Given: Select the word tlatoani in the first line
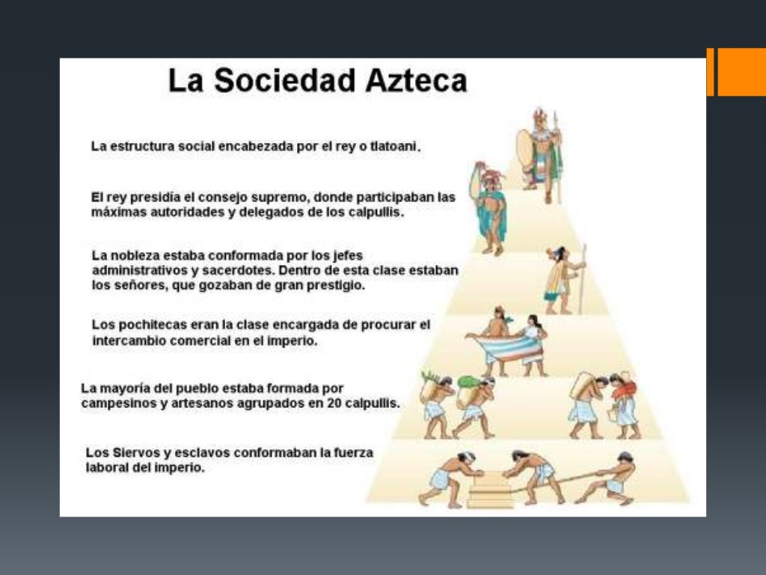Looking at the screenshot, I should (395, 147).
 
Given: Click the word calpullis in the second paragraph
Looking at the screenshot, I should (377, 212).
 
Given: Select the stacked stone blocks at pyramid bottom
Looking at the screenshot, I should (490, 491).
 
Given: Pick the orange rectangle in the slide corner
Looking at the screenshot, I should (741, 72).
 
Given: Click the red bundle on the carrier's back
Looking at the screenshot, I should (625, 388).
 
